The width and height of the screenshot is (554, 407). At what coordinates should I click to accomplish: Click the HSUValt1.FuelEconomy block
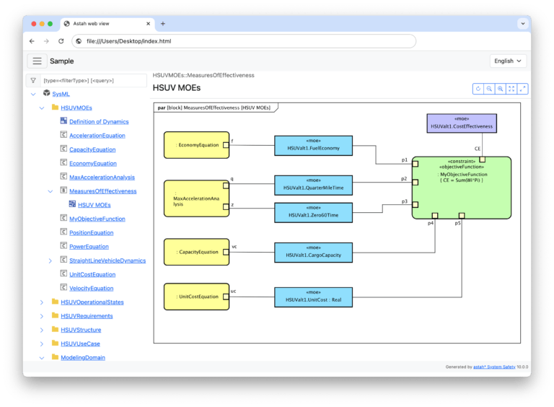point(313,145)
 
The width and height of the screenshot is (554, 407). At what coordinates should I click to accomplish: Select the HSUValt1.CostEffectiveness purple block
point(461,123)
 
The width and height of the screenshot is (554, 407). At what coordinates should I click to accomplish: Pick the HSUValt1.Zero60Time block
point(313,212)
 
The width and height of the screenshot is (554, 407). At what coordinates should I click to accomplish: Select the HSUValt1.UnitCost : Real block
point(313,297)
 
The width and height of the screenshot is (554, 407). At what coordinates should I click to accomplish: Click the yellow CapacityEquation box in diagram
point(196,252)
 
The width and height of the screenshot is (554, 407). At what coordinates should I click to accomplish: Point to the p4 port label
point(431,224)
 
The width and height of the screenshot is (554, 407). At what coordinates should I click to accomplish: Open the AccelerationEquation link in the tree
point(97,136)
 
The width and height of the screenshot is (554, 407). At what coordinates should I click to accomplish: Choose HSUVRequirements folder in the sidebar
point(87,316)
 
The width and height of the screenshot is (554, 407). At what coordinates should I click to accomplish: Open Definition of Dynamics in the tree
point(99,122)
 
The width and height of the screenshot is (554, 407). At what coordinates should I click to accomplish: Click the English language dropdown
point(508,61)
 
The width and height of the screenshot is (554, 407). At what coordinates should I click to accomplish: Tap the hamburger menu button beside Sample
point(37,61)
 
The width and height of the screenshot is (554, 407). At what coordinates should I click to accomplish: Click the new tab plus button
point(163,24)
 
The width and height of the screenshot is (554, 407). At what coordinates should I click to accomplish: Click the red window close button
point(32,24)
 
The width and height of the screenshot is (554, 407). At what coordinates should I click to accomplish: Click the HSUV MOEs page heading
point(177,88)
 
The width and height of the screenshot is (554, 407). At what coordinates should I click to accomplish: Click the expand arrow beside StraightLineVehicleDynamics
point(50,261)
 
